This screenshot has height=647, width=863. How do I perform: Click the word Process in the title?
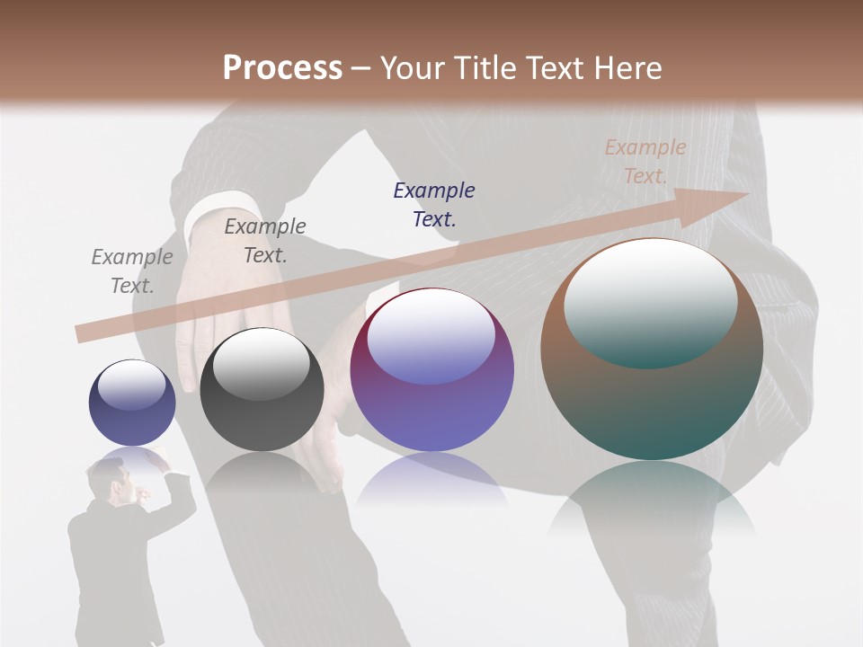click(282, 68)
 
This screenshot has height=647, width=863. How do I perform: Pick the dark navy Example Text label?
click(434, 204)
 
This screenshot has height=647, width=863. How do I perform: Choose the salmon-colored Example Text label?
click(645, 162)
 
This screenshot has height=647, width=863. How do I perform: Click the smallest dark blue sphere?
click(132, 403)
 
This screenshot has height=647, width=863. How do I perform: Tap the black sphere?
click(262, 390)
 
